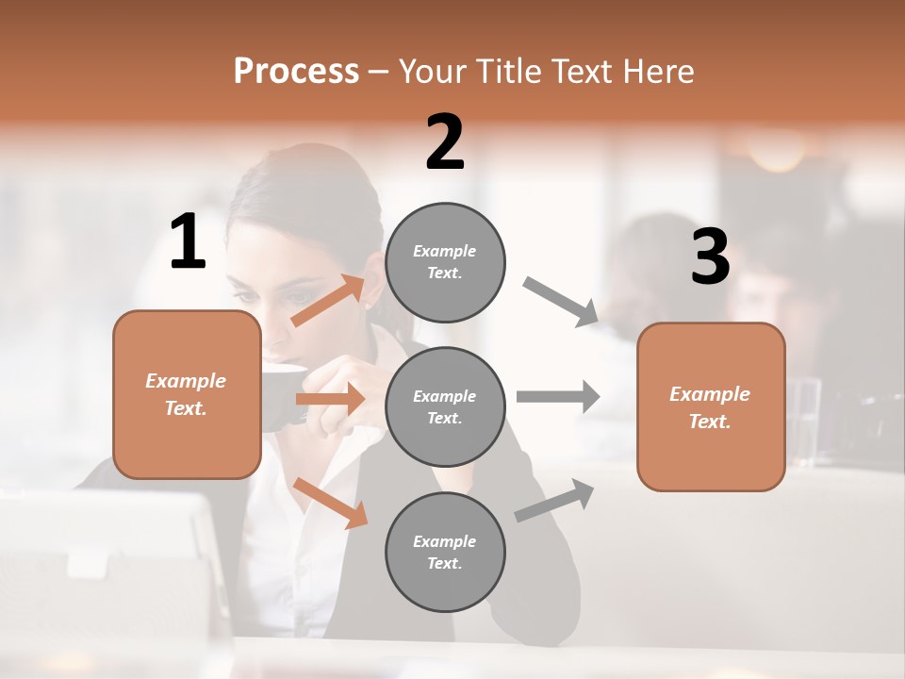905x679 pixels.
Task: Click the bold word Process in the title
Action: click(x=296, y=72)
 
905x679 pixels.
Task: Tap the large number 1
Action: click(x=188, y=242)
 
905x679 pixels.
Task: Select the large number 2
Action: click(x=445, y=142)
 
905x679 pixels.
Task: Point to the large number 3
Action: click(x=710, y=257)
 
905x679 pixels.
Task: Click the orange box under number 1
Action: click(x=187, y=394)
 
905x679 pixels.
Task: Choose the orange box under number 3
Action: click(x=711, y=406)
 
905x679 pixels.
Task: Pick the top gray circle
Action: click(x=445, y=262)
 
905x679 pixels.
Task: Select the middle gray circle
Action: click(x=445, y=406)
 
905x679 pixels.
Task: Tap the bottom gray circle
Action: click(x=445, y=552)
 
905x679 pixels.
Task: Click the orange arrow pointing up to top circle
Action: click(x=328, y=300)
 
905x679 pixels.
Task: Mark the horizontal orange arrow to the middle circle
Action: click(x=330, y=400)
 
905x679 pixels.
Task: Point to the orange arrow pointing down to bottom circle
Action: click(x=331, y=503)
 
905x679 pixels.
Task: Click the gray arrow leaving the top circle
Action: click(x=561, y=302)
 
